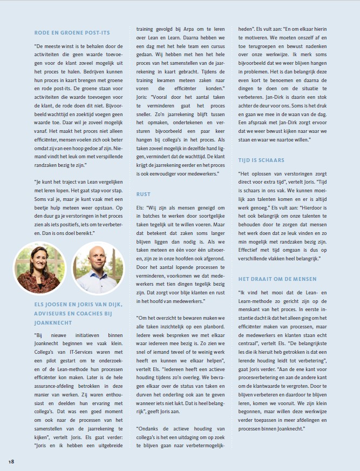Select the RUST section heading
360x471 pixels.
[144, 194]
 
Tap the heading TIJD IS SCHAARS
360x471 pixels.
[261, 160]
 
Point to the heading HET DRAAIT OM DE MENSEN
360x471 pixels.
[277, 279]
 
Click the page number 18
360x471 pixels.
[11, 461]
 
